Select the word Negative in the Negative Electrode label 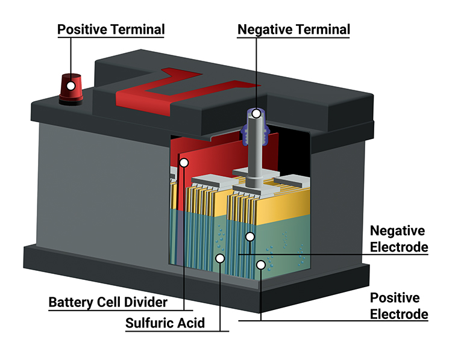click(398, 231)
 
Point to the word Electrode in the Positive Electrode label click(399, 314)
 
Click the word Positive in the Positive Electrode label click(395, 297)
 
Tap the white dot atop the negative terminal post click(256, 113)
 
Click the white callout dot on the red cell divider click(184, 162)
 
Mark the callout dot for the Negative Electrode click(249, 237)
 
